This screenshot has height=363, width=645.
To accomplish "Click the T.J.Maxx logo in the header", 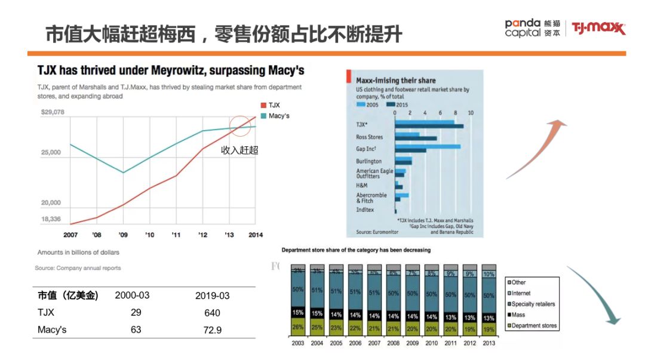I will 598,27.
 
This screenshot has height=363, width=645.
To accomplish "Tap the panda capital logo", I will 533,27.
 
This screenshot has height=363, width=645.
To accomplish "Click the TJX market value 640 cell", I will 212,313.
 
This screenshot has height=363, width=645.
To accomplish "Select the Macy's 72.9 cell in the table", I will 212,330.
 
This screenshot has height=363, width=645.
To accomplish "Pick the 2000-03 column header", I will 132,296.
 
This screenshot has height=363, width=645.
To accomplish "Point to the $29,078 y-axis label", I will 53,112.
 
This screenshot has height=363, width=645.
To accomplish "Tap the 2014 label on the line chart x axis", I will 255,235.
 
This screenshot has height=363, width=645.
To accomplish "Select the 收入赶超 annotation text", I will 239,150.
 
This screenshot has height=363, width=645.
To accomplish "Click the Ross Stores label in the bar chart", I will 369,137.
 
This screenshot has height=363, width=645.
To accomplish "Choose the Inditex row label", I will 365,210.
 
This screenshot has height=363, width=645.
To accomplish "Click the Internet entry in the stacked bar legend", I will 521,293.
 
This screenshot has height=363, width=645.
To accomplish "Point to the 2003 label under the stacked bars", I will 299,343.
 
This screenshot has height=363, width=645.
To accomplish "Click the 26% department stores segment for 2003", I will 298,327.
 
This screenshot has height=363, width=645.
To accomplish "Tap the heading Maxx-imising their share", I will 395,80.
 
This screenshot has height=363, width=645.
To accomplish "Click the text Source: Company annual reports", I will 78,268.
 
